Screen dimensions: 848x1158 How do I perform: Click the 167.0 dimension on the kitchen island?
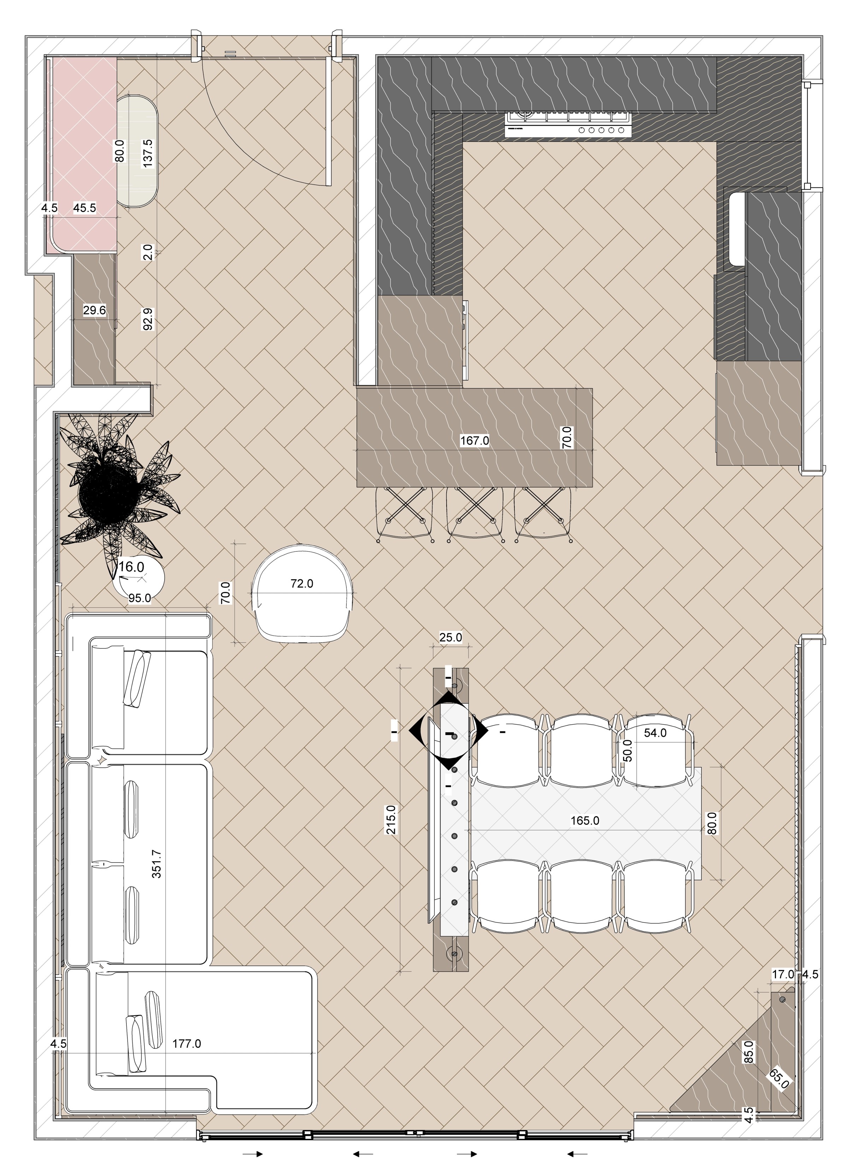coord(474,440)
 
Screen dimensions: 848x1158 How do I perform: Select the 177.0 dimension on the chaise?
coord(186,1044)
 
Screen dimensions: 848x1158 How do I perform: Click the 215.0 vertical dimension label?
coord(391,820)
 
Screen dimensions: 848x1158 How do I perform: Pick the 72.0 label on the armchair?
coord(302,584)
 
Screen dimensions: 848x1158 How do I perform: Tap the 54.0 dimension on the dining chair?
coord(655,733)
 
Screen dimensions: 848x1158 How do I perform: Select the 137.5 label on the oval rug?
coord(147,153)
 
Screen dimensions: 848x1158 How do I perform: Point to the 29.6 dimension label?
coord(94,310)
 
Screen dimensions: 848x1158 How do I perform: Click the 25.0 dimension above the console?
coord(451,637)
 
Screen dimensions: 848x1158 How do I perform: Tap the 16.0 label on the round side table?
coord(131,567)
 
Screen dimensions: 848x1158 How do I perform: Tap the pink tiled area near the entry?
coord(84,154)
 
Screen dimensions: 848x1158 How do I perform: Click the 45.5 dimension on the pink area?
coord(85,208)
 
